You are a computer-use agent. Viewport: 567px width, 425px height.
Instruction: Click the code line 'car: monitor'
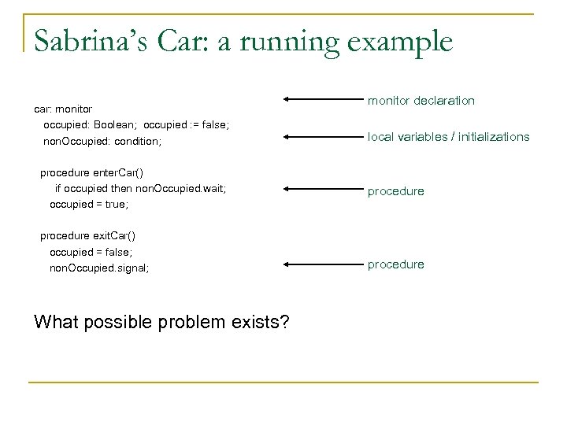click(63, 108)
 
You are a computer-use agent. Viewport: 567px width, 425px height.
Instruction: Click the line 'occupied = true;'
click(89, 204)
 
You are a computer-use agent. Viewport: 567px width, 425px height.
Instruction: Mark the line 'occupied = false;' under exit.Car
click(91, 251)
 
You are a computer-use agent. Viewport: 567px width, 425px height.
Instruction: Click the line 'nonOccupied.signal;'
click(99, 268)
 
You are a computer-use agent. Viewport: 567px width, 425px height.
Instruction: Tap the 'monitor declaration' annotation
click(421, 101)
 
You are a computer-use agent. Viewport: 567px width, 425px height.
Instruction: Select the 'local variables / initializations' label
click(448, 137)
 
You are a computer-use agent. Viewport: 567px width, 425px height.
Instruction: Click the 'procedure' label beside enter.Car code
click(395, 191)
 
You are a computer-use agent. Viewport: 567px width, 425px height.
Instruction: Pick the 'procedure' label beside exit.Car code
click(395, 264)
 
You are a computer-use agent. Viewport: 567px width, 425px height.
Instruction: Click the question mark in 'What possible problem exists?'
click(283, 323)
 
